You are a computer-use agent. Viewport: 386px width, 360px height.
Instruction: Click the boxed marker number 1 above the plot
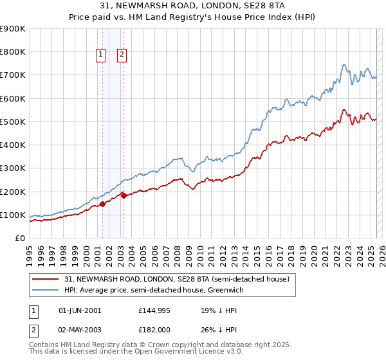pyautogui.click(x=102, y=55)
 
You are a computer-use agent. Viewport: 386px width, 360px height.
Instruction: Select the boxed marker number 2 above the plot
pyautogui.click(x=122, y=55)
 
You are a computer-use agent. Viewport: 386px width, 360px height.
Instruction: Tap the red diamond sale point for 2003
pyautogui.click(x=124, y=195)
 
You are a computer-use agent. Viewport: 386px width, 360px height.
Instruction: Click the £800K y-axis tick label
pyautogui.click(x=13, y=51)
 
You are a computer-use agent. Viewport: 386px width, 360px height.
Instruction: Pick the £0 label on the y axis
pyautogui.click(x=19, y=238)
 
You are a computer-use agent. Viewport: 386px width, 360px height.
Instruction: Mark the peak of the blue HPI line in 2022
pyautogui.click(x=344, y=64)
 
